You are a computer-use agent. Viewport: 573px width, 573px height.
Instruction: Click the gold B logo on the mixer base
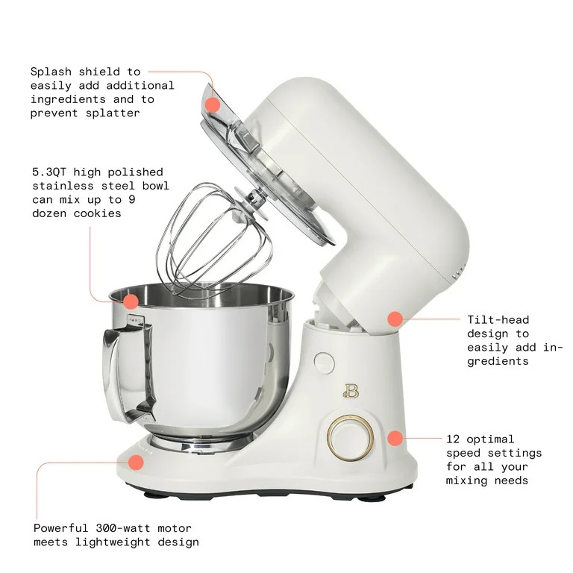tap(351, 391)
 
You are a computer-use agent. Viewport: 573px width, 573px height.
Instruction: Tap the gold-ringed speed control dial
tap(350, 438)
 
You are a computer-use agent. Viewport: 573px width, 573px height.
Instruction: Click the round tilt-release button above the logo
tap(324, 363)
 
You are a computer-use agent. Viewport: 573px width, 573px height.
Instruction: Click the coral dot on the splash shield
tap(213, 105)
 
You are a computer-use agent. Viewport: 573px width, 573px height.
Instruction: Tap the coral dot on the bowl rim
tap(131, 301)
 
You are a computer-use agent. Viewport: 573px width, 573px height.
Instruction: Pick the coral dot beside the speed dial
tap(395, 438)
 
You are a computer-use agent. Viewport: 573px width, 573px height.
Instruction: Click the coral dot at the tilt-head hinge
tap(395, 319)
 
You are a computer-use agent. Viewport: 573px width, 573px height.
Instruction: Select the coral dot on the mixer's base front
tap(136, 463)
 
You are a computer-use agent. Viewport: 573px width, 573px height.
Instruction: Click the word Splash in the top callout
tap(51, 72)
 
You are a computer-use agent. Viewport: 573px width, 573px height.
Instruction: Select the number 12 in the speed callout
tap(453, 439)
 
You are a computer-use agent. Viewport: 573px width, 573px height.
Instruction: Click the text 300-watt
tap(123, 528)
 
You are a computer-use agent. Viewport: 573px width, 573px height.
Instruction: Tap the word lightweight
tap(113, 542)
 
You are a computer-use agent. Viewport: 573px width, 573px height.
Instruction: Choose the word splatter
tap(113, 113)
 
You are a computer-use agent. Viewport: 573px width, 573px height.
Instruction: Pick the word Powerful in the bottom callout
tap(60, 528)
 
